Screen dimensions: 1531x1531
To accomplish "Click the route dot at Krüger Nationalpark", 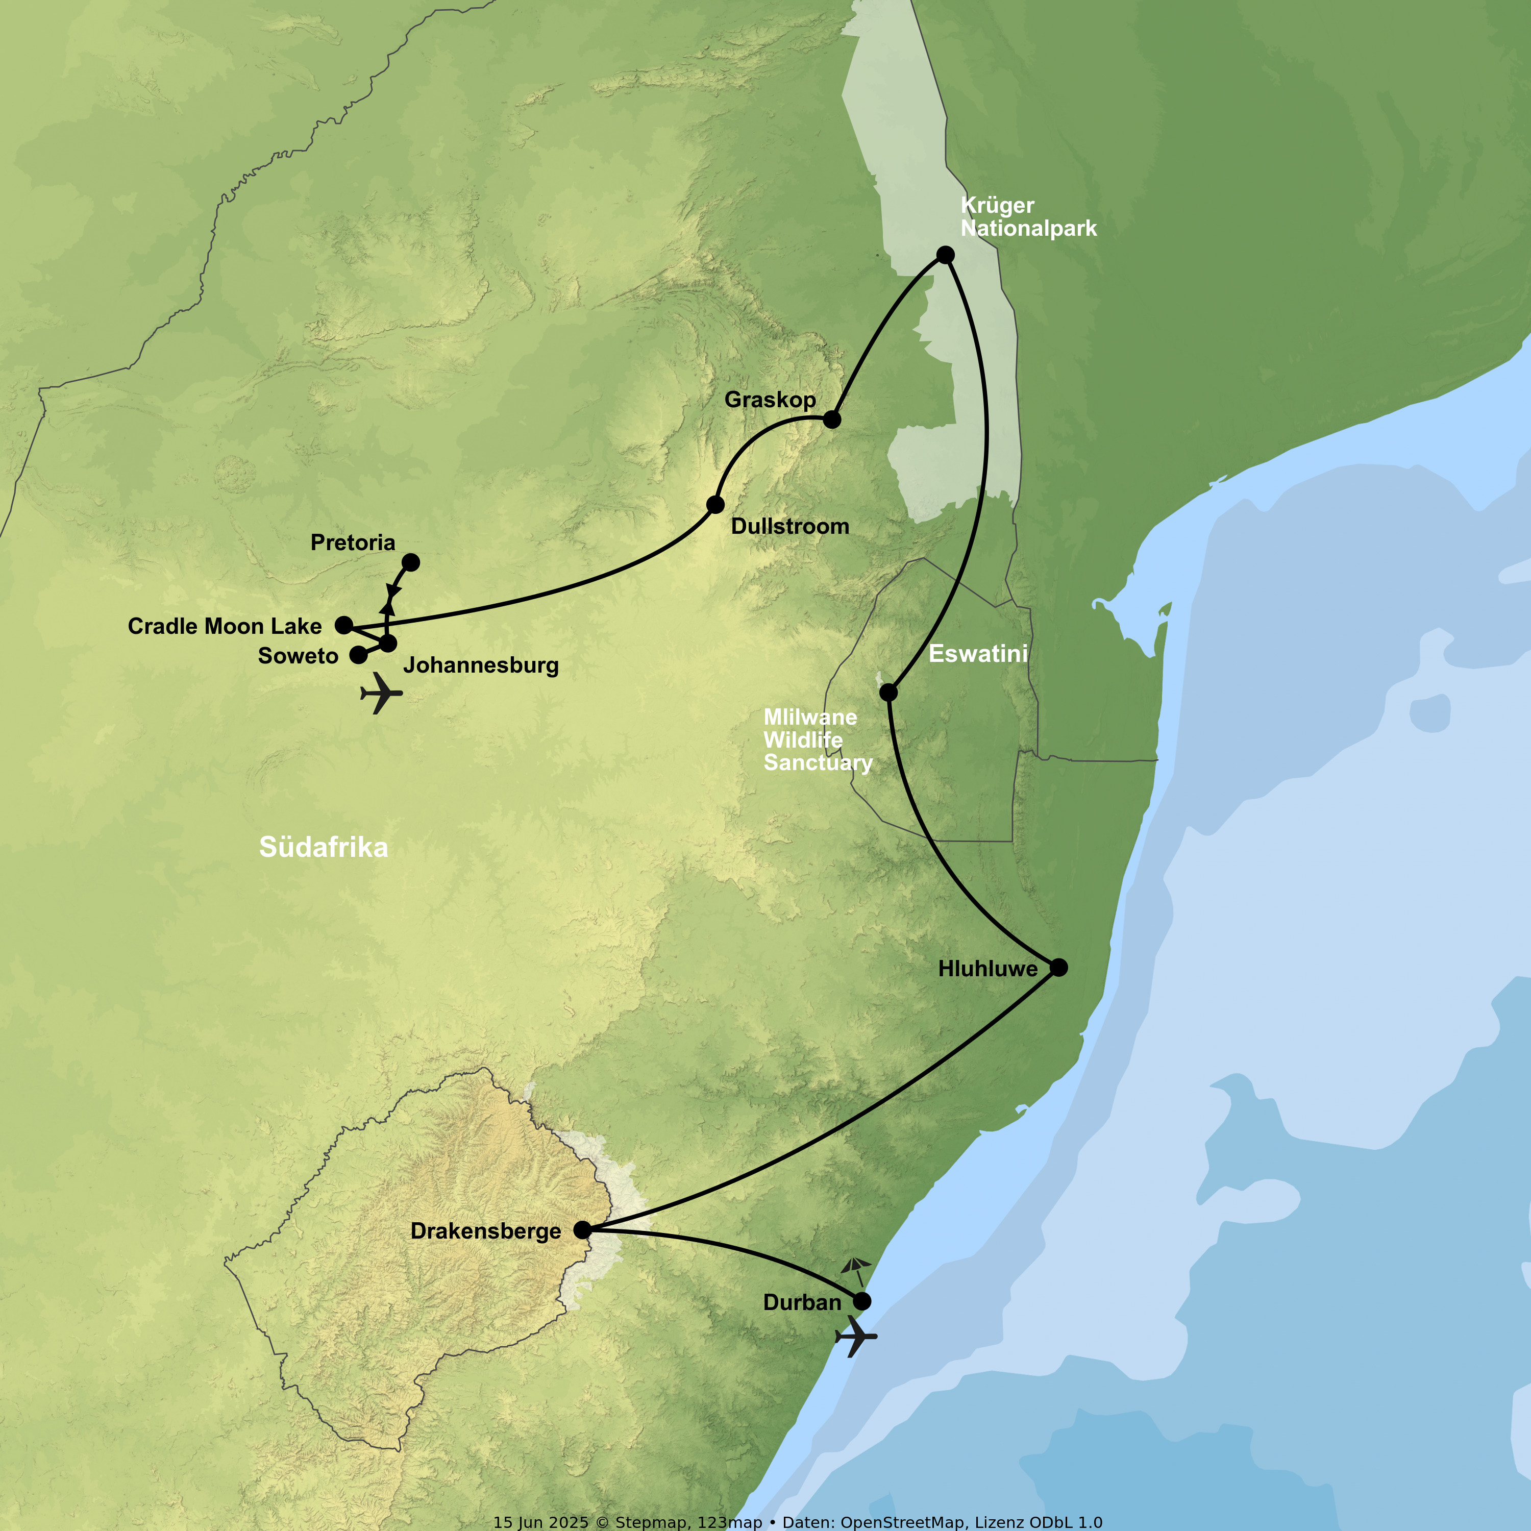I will [945, 254].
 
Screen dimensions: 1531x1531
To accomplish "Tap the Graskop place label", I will [770, 400].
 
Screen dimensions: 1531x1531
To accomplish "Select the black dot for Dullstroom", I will [715, 504].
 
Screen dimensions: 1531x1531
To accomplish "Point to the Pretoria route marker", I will [410, 562].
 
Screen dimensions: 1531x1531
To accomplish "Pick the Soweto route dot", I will [359, 655].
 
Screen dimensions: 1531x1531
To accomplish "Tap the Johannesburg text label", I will [481, 665].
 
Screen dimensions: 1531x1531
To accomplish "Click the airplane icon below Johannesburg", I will [381, 694].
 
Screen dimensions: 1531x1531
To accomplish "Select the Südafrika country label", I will [324, 847].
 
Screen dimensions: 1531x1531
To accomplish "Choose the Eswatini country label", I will [978, 654].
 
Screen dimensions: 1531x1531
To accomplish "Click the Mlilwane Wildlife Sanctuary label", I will [818, 739].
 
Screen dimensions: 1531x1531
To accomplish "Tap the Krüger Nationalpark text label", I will [1028, 216].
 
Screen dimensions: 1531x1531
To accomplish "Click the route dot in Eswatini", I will [889, 692].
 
